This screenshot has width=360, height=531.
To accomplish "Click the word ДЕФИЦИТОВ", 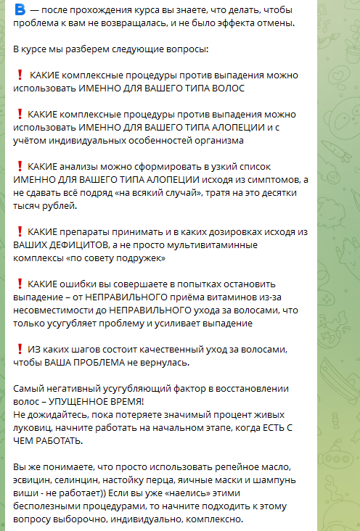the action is pyautogui.click(x=78, y=245).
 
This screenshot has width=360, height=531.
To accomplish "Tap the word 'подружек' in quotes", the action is pyautogui.click(x=142, y=258).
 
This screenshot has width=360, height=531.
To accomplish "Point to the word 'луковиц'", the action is pyautogui.click(x=33, y=427).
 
